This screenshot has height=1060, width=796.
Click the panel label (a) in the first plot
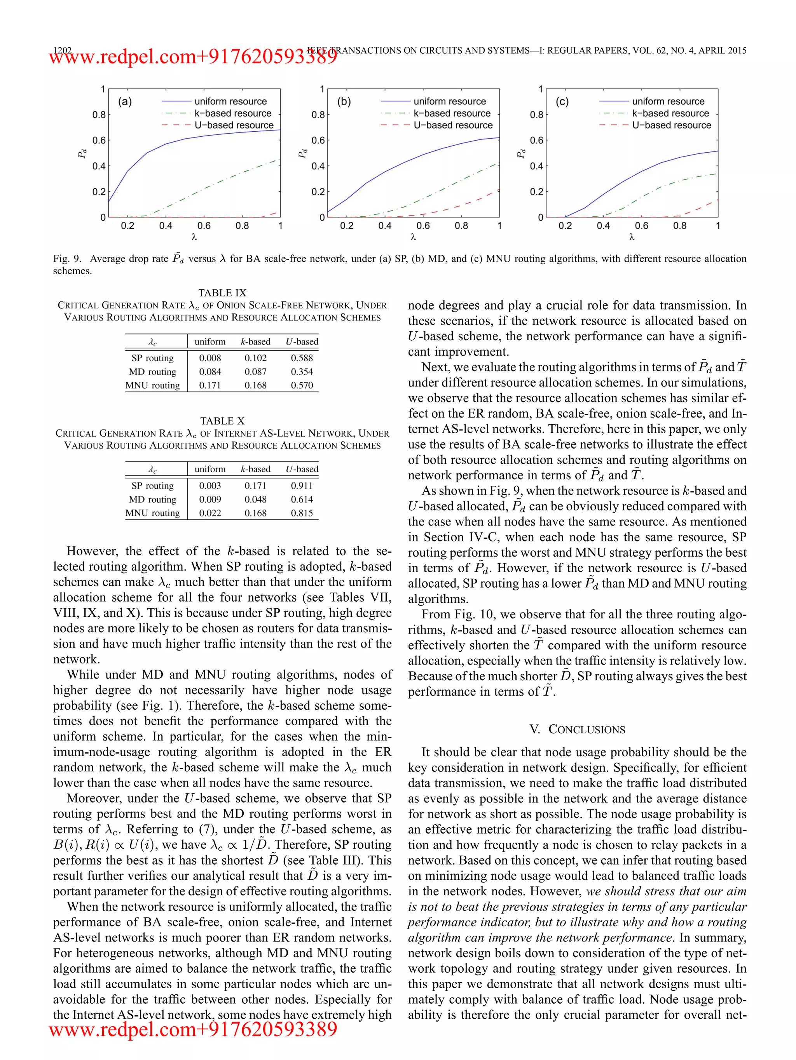[125, 102]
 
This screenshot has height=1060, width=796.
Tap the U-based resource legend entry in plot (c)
[671, 125]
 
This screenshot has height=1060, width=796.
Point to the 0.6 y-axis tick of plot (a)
[99, 140]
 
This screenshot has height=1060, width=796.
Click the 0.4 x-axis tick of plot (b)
[384, 226]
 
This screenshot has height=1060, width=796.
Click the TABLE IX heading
[222, 293]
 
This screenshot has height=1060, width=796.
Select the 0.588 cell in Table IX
[302, 358]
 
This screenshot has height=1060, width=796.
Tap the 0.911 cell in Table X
[302, 486]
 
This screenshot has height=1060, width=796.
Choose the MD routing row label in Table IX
[152, 372]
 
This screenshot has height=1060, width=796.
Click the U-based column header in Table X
[302, 469]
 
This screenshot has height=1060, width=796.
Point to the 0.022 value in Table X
[210, 513]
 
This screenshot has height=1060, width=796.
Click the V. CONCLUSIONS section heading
[577, 729]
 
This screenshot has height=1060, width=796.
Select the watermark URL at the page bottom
[193, 1029]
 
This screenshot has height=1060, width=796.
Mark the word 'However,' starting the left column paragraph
[91, 551]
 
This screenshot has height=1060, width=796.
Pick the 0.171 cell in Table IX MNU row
[210, 385]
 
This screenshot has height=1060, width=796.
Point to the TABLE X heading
[222, 421]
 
